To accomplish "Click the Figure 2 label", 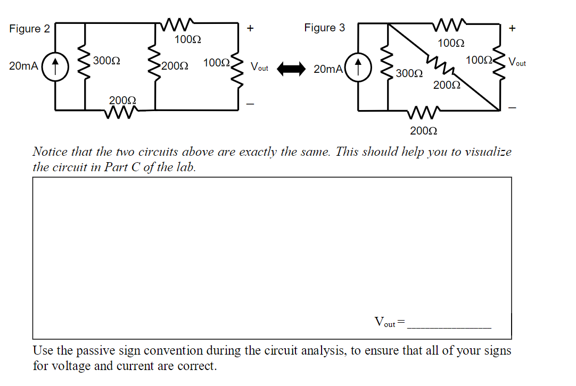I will [29, 29].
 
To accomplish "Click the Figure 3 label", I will [324, 28].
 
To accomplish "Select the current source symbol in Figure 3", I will [358, 68].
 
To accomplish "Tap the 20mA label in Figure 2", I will [23, 66].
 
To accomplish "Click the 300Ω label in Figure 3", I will [409, 73].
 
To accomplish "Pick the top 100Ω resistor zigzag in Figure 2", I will [176, 24].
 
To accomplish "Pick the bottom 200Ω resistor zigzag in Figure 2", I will [122, 111].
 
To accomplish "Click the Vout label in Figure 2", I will [260, 68].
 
